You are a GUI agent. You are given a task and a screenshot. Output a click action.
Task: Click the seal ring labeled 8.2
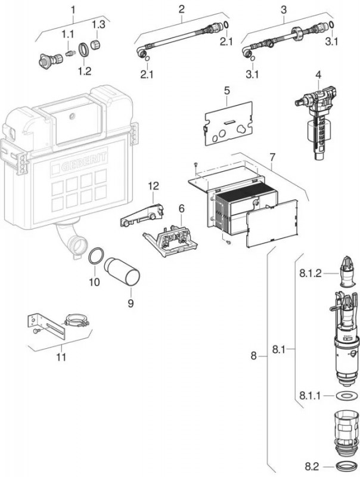coord(344,465)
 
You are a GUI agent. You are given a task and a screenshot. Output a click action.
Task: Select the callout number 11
coord(61,357)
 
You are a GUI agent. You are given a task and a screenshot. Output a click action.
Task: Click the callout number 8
coord(253,355)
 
